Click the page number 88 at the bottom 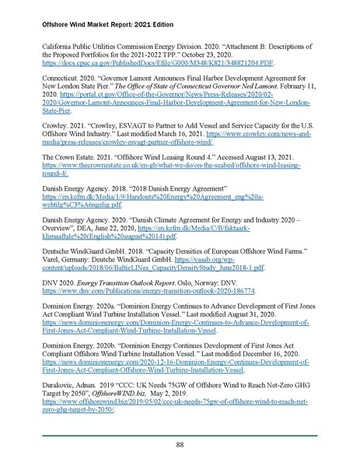tap(180, 444)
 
